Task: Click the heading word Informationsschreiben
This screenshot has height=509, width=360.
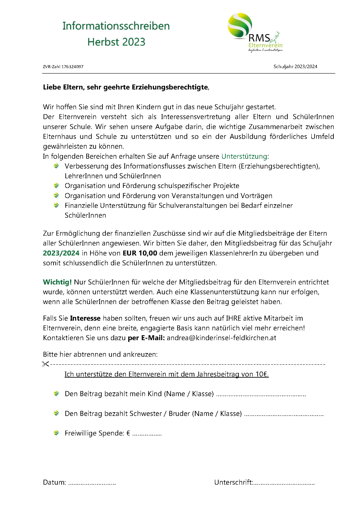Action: tap(116, 26)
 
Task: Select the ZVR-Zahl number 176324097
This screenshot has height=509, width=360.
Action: tap(72, 67)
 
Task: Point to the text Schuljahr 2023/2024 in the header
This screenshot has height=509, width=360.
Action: tap(295, 67)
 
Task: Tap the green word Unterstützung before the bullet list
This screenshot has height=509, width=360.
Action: tap(244, 156)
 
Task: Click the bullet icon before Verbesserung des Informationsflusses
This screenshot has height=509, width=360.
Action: tap(56, 166)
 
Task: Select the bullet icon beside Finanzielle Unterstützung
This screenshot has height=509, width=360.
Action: tap(56, 205)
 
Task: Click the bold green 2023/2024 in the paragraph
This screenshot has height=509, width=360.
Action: tap(61, 253)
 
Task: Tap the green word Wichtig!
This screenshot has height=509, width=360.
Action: tap(57, 282)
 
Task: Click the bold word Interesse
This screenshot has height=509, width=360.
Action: tap(85, 318)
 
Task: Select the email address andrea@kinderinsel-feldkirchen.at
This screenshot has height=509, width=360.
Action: tap(221, 338)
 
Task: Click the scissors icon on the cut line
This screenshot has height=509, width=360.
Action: tap(45, 364)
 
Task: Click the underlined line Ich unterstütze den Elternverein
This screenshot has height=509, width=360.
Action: tap(166, 374)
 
